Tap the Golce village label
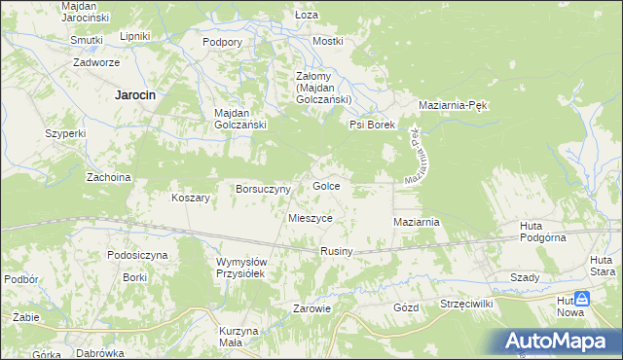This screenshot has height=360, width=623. pos(325,185)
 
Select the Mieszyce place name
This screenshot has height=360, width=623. pos(311,219)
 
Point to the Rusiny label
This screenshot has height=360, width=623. pos(336,252)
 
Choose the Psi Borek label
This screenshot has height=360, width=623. pos(371,125)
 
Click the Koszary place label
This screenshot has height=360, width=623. pos(191,198)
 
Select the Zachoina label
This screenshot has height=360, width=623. pos(109,177)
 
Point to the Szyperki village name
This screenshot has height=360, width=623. pos(67,133)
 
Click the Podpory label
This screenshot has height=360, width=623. pos(222,42)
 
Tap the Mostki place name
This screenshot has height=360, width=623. pos(328,41)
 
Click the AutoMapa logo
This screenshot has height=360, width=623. pos(559,342)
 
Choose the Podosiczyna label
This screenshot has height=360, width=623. pos(138,255)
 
